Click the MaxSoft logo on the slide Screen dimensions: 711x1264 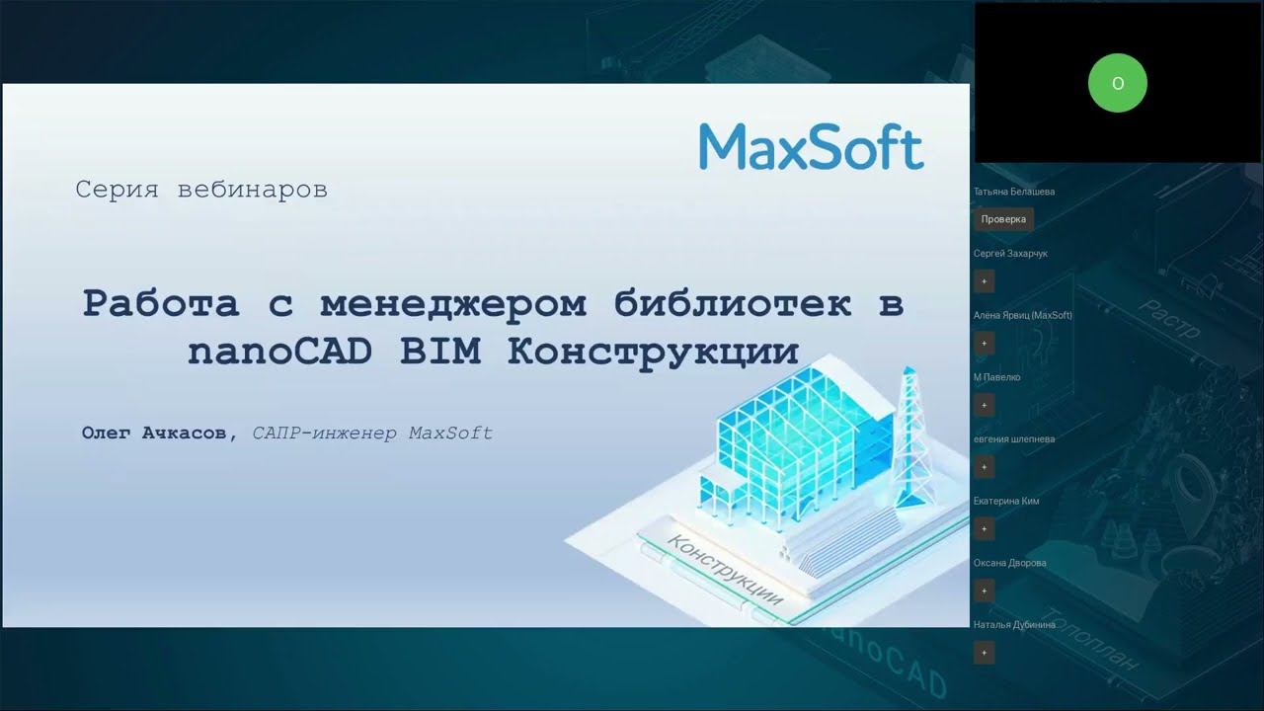(811, 147)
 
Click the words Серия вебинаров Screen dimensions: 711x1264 (201, 190)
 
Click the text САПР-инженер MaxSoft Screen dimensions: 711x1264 (372, 434)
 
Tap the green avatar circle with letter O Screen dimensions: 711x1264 (1117, 83)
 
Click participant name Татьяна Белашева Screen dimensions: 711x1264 (1014, 192)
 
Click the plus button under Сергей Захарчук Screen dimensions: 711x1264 (984, 281)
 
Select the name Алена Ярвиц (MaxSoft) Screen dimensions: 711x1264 (1023, 315)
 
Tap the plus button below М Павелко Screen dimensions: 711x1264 (984, 405)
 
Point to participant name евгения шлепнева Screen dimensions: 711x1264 (1014, 438)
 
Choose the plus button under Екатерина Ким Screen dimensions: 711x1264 (984, 528)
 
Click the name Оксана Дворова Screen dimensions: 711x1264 (1010, 563)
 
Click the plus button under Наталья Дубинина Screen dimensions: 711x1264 (984, 653)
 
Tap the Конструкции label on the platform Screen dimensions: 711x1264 (726, 571)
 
